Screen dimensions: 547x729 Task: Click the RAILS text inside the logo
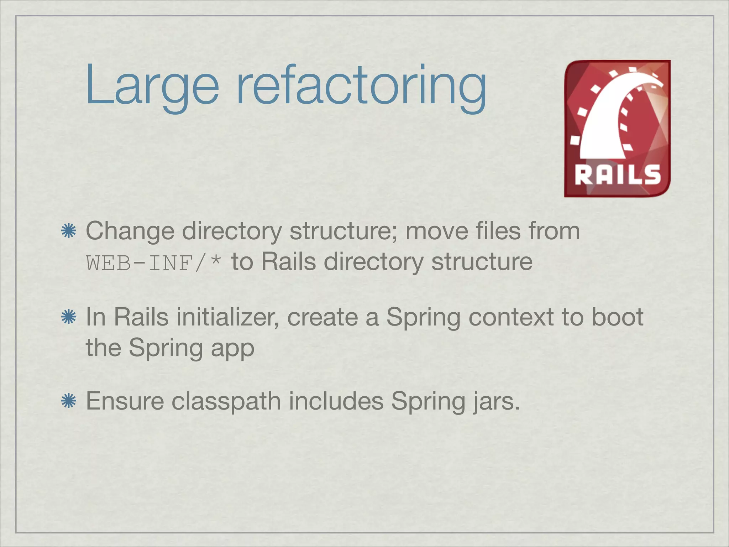coord(618,175)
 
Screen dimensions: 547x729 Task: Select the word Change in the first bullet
coord(130,231)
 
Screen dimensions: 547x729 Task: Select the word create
coord(322,317)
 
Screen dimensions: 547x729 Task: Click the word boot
coord(617,317)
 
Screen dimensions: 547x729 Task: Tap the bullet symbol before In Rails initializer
coord(69,317)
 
